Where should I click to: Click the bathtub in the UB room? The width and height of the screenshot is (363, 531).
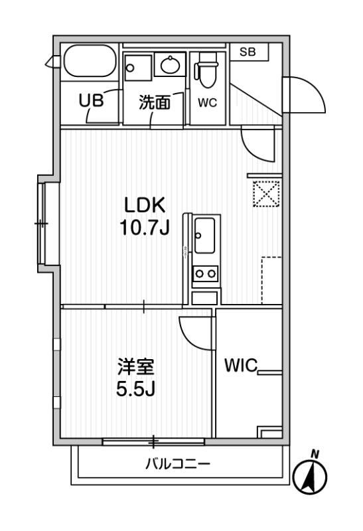click(90, 61)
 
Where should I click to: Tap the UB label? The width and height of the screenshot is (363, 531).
click(91, 101)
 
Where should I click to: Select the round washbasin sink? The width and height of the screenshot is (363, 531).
click(170, 65)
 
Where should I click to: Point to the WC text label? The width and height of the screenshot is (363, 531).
click(207, 103)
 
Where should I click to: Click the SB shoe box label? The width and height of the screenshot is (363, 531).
click(248, 52)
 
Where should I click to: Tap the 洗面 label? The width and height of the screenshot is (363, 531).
click(155, 102)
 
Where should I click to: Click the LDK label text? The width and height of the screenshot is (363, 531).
click(145, 205)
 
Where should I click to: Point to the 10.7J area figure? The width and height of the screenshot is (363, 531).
click(145, 228)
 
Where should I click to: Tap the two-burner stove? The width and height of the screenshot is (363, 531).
click(205, 273)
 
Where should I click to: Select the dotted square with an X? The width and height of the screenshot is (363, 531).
click(267, 194)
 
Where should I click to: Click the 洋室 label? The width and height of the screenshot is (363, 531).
click(136, 367)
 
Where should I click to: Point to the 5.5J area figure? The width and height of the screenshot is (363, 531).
click(135, 389)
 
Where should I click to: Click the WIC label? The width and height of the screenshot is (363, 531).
click(241, 366)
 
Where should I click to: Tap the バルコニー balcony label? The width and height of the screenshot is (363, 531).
click(178, 463)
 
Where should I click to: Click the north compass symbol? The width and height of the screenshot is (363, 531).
click(310, 475)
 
